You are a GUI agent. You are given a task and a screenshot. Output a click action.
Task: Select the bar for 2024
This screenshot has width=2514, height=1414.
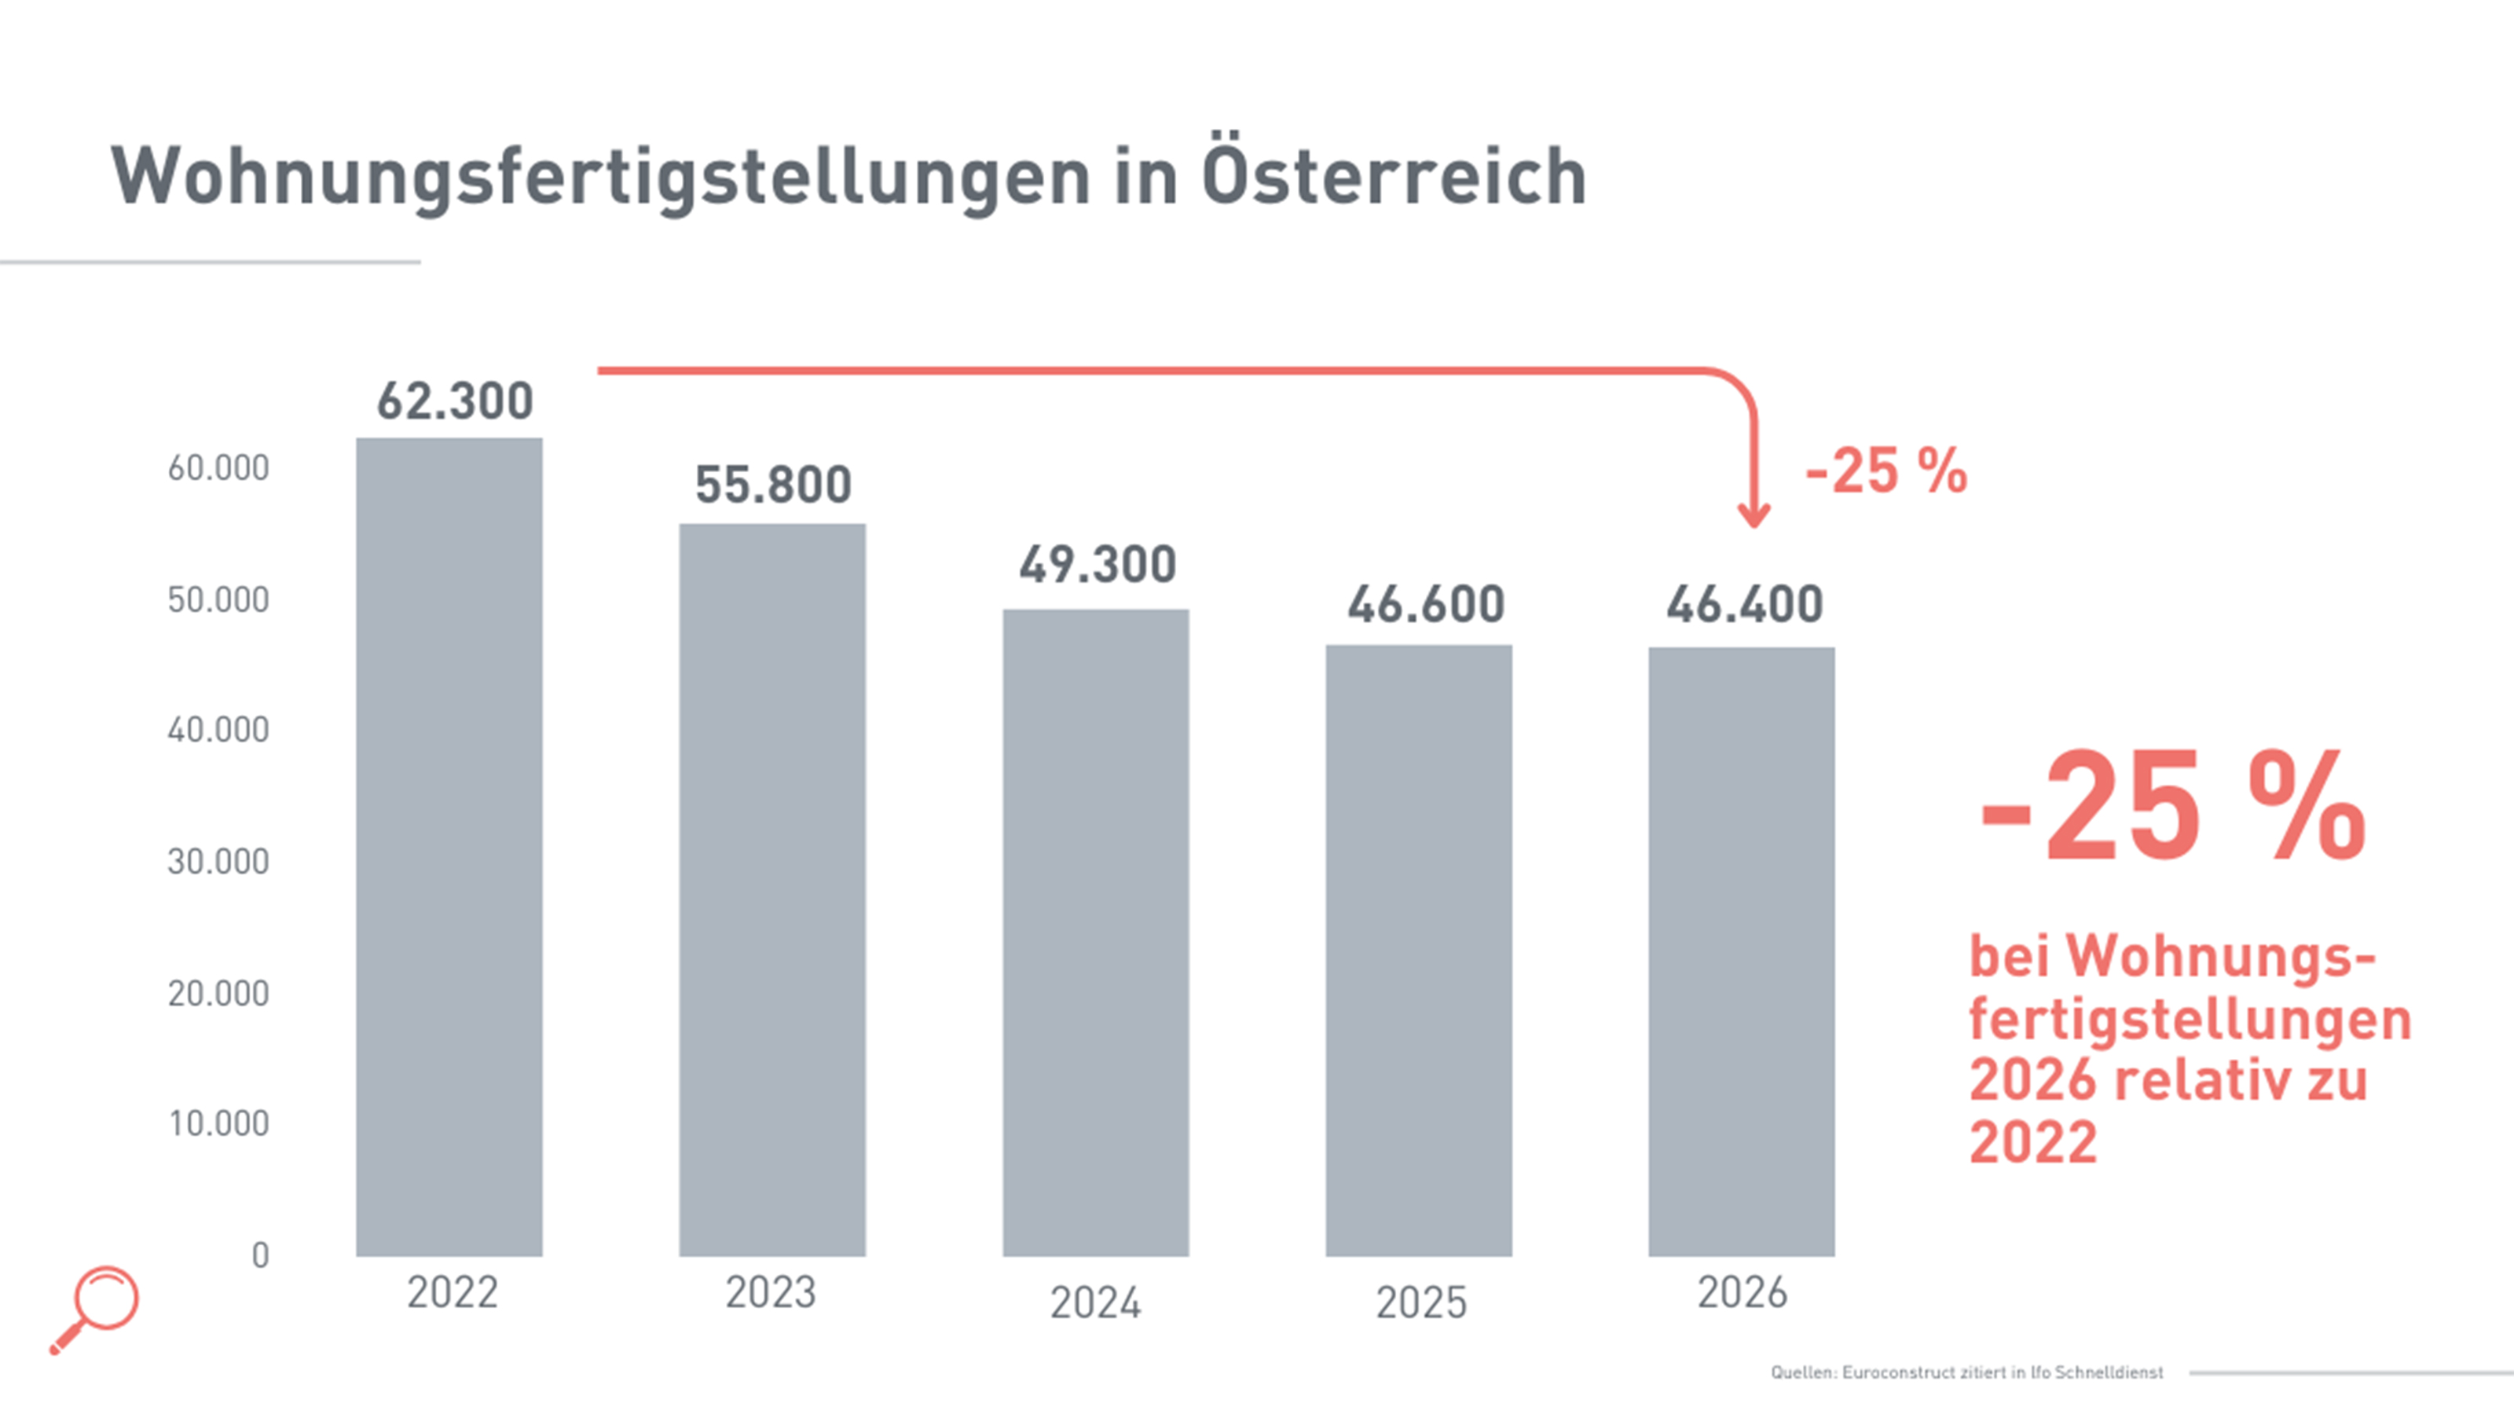pyautogui.click(x=1095, y=932)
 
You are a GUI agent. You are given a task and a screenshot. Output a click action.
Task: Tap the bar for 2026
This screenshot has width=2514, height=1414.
pyautogui.click(x=1741, y=951)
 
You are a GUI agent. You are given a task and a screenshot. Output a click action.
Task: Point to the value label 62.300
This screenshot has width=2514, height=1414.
pyautogui.click(x=455, y=401)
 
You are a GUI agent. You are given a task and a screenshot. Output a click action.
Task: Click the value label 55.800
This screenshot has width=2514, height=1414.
pyautogui.click(x=773, y=485)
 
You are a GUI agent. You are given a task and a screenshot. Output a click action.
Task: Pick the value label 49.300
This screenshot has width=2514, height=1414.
pyautogui.click(x=1097, y=565)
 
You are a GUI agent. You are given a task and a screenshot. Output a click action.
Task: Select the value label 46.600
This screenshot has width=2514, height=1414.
pyautogui.click(x=1426, y=604)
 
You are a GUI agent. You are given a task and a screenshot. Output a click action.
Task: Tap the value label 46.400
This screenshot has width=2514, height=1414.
pyautogui.click(x=1744, y=604)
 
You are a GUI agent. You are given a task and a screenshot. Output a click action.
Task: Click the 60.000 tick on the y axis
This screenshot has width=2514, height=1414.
pyautogui.click(x=218, y=468)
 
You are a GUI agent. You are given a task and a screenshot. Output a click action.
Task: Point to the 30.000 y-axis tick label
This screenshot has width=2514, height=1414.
pyautogui.click(x=218, y=862)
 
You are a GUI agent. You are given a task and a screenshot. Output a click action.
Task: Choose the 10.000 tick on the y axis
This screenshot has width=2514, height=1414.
pyautogui.click(x=218, y=1123)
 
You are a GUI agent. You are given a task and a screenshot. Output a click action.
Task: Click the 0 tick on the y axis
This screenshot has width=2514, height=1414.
pyautogui.click(x=259, y=1255)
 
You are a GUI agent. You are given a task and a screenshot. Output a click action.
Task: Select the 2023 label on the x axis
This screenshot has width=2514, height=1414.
pyautogui.click(x=770, y=1293)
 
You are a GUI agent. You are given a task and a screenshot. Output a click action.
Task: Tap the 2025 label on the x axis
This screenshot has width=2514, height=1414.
pyautogui.click(x=1421, y=1302)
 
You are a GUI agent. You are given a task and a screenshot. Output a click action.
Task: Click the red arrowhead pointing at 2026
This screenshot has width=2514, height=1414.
pyautogui.click(x=1754, y=515)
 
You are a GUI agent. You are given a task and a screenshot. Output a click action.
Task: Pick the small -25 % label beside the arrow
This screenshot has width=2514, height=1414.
pyautogui.click(x=1885, y=471)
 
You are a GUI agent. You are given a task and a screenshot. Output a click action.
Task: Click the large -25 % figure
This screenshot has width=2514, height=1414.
pyautogui.click(x=2172, y=807)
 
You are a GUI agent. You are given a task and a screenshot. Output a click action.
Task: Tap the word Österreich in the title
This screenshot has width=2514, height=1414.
pyautogui.click(x=1394, y=177)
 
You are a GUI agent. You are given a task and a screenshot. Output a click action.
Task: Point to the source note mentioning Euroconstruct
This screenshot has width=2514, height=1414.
pyautogui.click(x=1966, y=1372)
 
